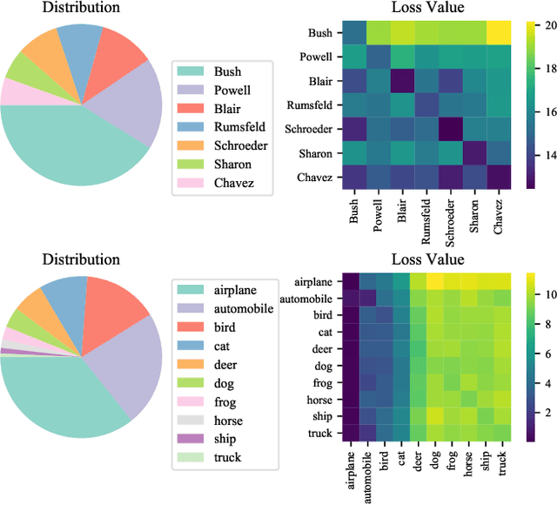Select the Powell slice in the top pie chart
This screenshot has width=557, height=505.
coord(134,104)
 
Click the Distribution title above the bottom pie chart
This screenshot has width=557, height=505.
coord(81,259)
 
